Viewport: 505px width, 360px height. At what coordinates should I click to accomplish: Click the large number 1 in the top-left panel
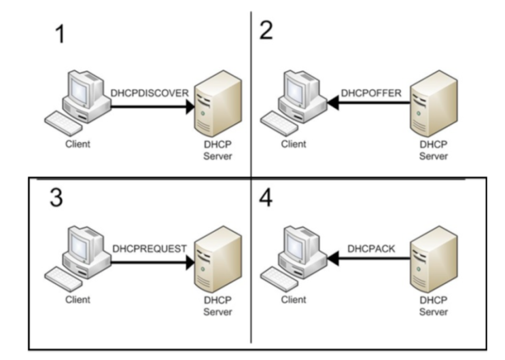point(60,35)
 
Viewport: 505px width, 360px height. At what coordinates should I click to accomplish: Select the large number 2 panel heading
point(266,31)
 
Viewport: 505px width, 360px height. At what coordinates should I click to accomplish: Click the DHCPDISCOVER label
point(149,94)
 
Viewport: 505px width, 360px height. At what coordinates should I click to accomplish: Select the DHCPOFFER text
point(368,92)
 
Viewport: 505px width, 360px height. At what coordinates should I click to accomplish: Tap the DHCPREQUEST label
point(149,249)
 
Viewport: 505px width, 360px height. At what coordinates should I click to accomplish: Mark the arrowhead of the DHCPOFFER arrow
point(333,103)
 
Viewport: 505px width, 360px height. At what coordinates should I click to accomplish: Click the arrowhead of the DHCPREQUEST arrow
point(190,259)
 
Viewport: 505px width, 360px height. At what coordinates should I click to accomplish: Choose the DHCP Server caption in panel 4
point(433,305)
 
